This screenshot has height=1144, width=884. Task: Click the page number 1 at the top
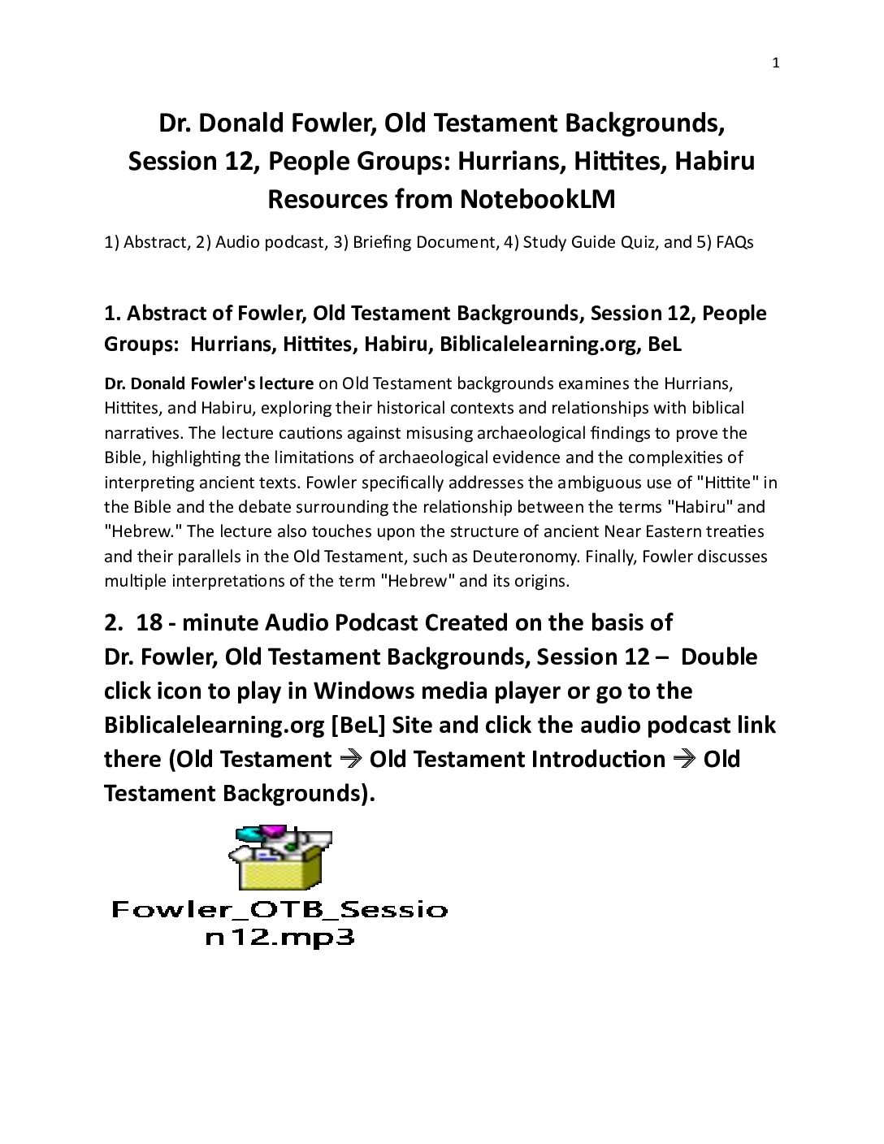coord(775,63)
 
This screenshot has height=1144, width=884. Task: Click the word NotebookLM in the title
coord(537,199)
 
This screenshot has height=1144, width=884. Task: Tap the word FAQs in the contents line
coord(734,242)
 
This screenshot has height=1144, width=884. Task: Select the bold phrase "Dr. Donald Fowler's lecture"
coord(209,383)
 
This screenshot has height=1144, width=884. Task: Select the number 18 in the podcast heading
coord(149,623)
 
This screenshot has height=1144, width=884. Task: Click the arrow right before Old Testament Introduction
coord(350,760)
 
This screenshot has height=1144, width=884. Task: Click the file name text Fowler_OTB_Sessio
coord(279,909)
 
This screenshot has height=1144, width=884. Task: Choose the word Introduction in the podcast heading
coord(598,760)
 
